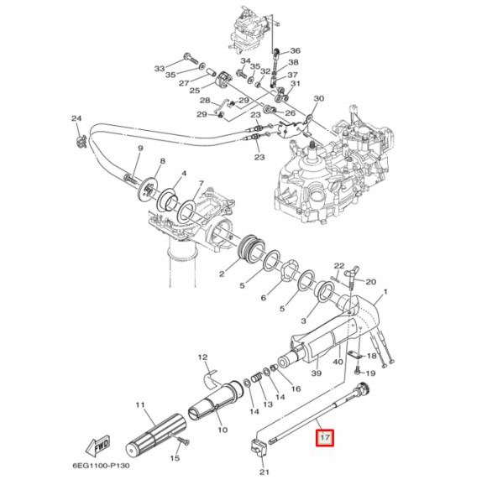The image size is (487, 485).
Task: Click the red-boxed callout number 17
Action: point(324,437)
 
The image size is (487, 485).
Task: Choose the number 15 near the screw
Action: point(175,459)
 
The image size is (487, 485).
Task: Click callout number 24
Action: point(76,118)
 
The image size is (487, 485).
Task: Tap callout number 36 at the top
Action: point(294,50)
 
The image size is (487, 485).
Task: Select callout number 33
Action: point(160,68)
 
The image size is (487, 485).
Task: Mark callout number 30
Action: point(317,99)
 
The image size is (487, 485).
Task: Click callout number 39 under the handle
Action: point(316,373)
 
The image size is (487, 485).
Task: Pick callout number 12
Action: point(202,357)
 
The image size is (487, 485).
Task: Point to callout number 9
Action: point(140,149)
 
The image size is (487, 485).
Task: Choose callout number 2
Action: point(222,274)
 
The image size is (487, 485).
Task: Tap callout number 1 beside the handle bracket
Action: point(385,294)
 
